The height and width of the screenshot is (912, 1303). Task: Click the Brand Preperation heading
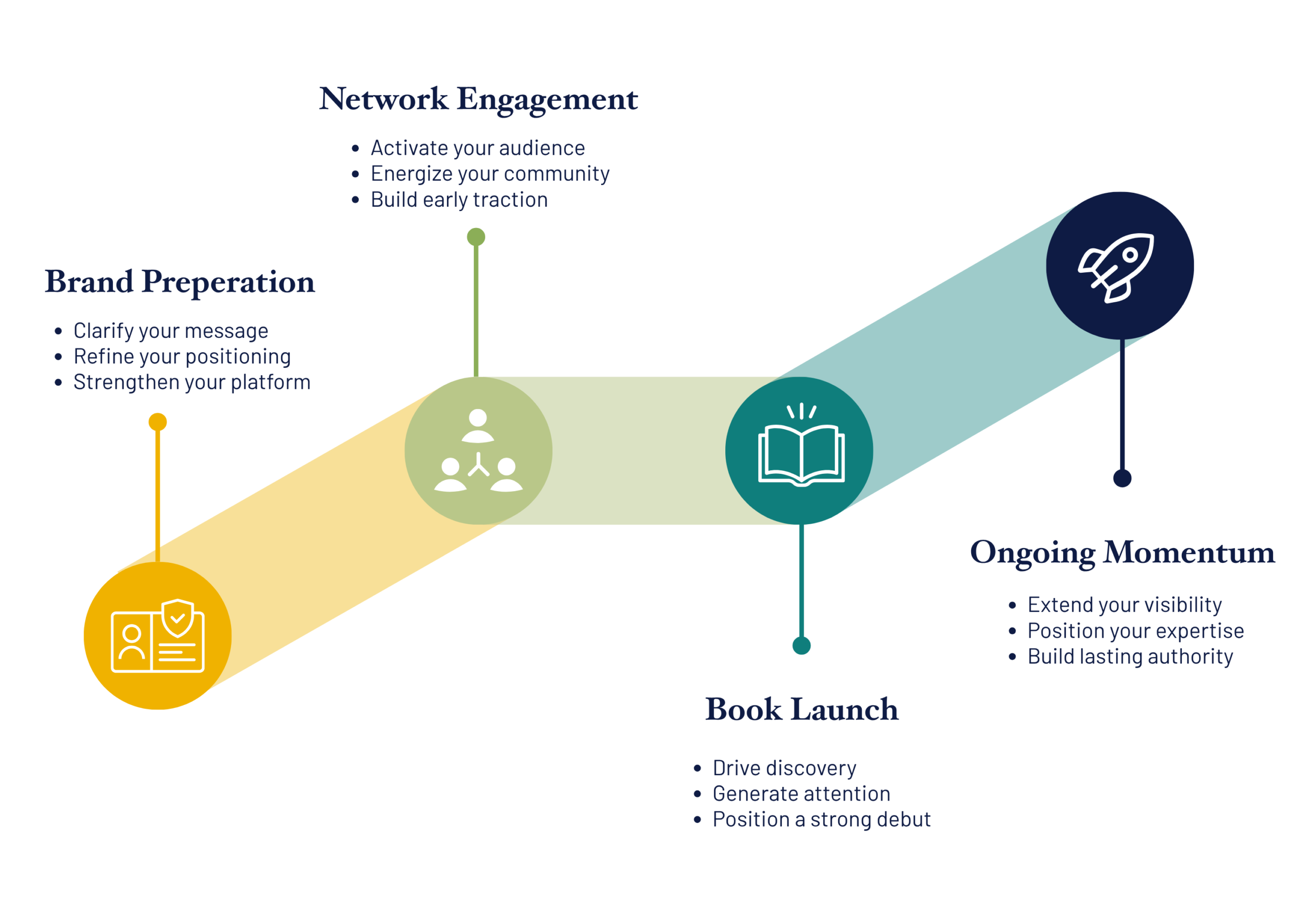coord(180,282)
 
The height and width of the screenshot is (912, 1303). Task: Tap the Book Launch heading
coord(802,709)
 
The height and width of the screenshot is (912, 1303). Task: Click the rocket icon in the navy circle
coord(1116,268)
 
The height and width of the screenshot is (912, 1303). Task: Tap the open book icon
coord(801,445)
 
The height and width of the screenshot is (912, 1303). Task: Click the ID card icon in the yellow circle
coord(158,636)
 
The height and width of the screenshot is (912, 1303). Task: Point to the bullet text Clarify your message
coord(171,331)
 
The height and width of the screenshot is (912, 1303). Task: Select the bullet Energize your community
coord(490,174)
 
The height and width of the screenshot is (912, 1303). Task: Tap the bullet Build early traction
coord(459,200)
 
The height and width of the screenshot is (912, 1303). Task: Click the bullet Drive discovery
coord(784,768)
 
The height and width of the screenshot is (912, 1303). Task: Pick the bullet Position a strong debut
coord(822,820)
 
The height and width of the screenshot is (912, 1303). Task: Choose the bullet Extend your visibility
coord(1125,606)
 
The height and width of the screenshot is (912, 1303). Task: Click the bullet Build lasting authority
coord(1130,657)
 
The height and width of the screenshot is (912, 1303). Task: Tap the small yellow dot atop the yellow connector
coord(158,422)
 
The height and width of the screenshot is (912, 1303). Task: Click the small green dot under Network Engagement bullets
coord(476,237)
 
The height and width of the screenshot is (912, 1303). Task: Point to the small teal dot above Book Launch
coord(801,646)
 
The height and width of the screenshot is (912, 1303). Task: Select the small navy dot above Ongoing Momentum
coord(1122,478)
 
